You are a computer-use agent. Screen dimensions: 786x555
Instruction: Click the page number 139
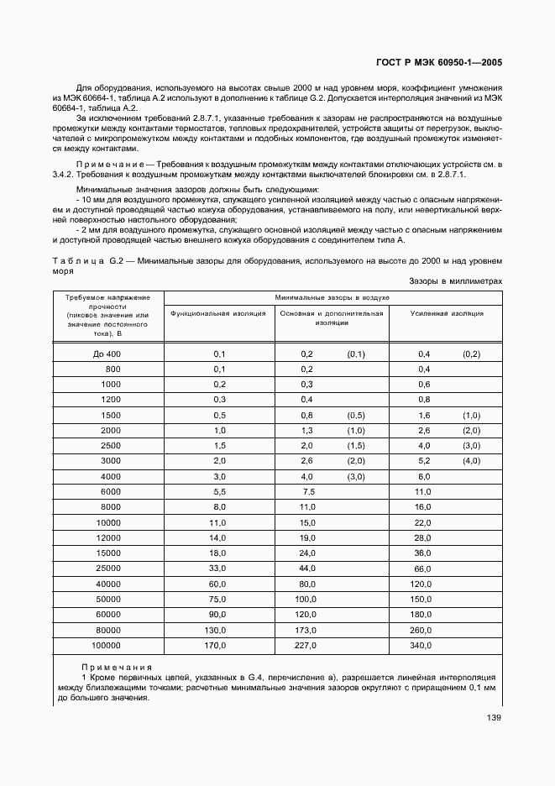point(493,716)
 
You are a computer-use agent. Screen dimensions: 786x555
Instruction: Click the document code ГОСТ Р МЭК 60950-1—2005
point(438,63)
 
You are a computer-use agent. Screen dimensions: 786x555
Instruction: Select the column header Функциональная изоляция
point(218,313)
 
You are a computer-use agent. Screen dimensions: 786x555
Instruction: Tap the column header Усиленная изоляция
point(446,313)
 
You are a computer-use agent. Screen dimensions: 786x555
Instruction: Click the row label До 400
point(107,354)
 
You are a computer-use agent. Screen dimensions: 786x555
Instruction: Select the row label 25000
point(107,569)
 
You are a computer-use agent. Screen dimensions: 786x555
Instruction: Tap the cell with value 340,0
point(423,645)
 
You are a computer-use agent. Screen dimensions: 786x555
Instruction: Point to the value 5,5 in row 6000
point(220,491)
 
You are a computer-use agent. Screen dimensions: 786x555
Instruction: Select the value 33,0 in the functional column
point(218,569)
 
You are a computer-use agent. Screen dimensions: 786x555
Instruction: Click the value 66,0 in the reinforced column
point(423,569)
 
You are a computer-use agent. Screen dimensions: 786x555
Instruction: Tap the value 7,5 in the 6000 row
point(307,491)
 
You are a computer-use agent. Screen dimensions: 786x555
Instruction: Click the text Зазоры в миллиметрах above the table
point(455,281)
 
